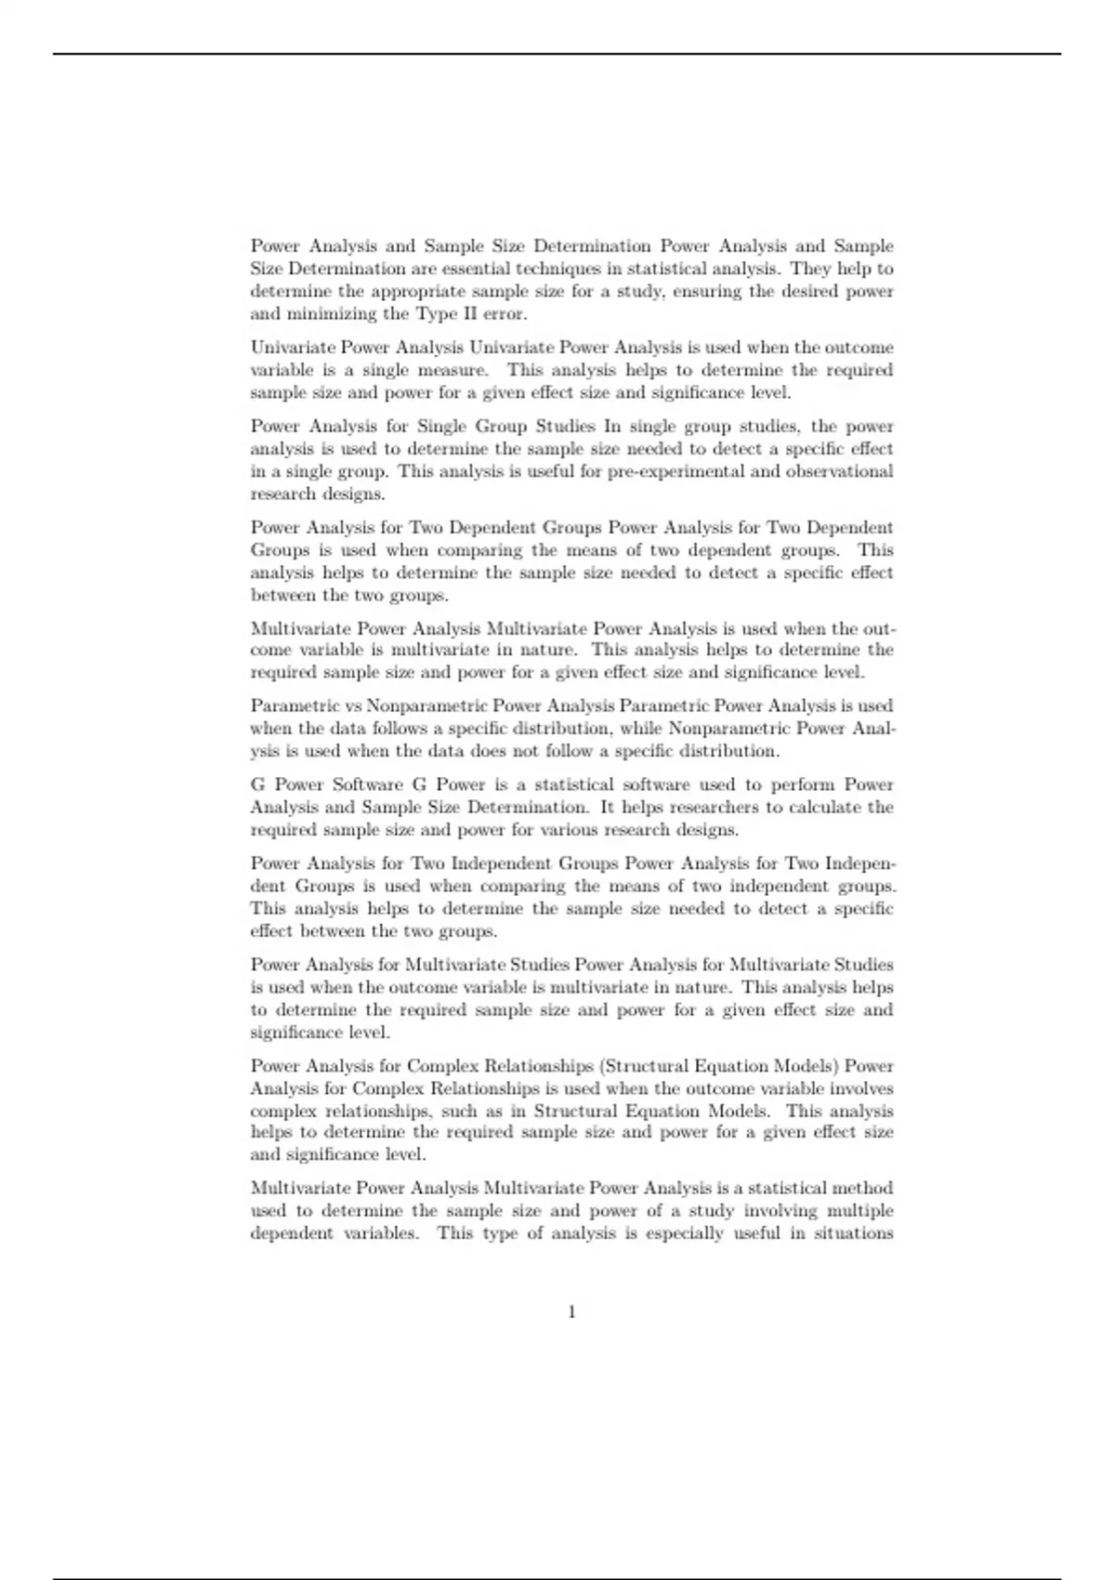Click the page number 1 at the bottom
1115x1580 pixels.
[x=571, y=1311]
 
